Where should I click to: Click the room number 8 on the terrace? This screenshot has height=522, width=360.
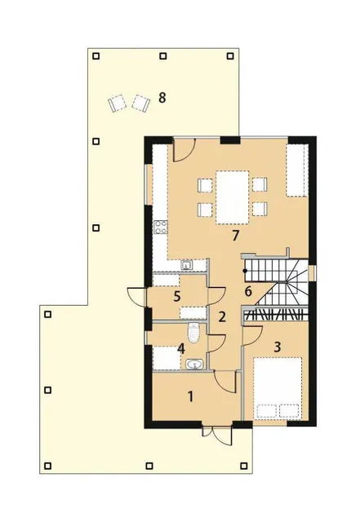[162, 98]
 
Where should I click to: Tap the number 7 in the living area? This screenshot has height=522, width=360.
[236, 236]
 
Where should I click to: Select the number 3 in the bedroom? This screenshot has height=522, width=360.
[277, 347]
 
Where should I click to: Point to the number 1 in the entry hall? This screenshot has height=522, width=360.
[190, 396]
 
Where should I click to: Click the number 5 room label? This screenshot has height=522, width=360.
[177, 296]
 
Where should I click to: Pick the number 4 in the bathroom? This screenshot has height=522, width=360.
[181, 349]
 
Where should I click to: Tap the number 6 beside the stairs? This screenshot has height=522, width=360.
[248, 291]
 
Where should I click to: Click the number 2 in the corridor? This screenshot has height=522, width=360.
[222, 317]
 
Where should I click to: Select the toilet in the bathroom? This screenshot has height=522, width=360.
[193, 333]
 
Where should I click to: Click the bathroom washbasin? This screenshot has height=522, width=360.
[194, 365]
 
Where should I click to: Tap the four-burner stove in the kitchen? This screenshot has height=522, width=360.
[160, 228]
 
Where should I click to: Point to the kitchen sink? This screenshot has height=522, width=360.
[186, 265]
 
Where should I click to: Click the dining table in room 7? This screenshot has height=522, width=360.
[233, 197]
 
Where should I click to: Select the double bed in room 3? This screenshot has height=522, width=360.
[278, 388]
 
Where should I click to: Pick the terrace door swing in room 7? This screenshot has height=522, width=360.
[184, 150]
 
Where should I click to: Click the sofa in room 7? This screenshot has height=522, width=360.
[297, 170]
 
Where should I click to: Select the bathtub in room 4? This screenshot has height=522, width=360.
[167, 358]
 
